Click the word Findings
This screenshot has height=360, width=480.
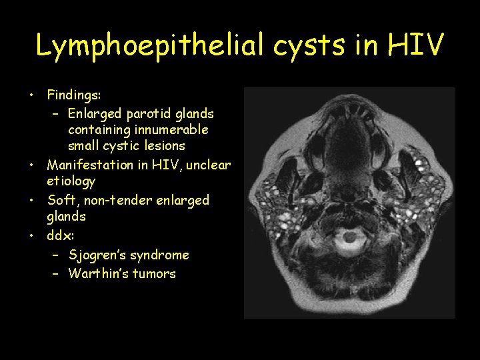point(74,97)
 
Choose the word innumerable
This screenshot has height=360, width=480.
point(172,129)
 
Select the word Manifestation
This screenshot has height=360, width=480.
point(91,165)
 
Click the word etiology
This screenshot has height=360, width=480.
point(71,181)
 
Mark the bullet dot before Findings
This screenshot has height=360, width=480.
point(31,97)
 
